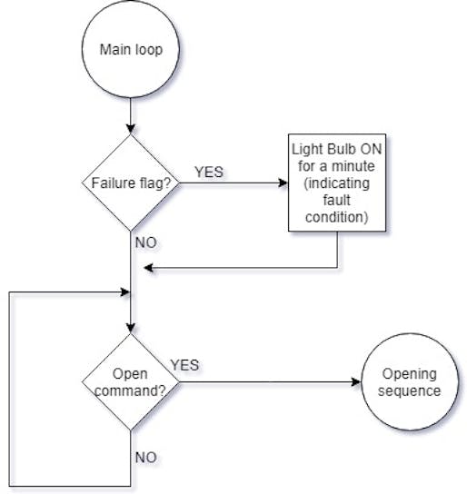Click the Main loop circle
click(x=131, y=49)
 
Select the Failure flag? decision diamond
click(x=131, y=183)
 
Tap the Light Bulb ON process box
click(x=337, y=183)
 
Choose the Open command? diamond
click(x=131, y=381)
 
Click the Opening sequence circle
click(x=410, y=381)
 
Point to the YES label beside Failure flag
click(x=209, y=172)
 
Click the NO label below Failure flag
click(x=146, y=242)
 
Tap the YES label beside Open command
click(x=184, y=365)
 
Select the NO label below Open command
click(x=146, y=458)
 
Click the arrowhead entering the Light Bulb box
click(x=283, y=183)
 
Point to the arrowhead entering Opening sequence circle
click(x=356, y=381)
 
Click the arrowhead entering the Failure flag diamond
click(x=131, y=129)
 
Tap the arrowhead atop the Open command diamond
click(x=131, y=328)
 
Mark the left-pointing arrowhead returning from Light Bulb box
click(x=149, y=267)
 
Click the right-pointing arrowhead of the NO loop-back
click(x=124, y=292)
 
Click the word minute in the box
click(x=353, y=166)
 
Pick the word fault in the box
click(x=337, y=200)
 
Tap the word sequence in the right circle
click(x=410, y=390)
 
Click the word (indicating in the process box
click(x=337, y=183)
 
